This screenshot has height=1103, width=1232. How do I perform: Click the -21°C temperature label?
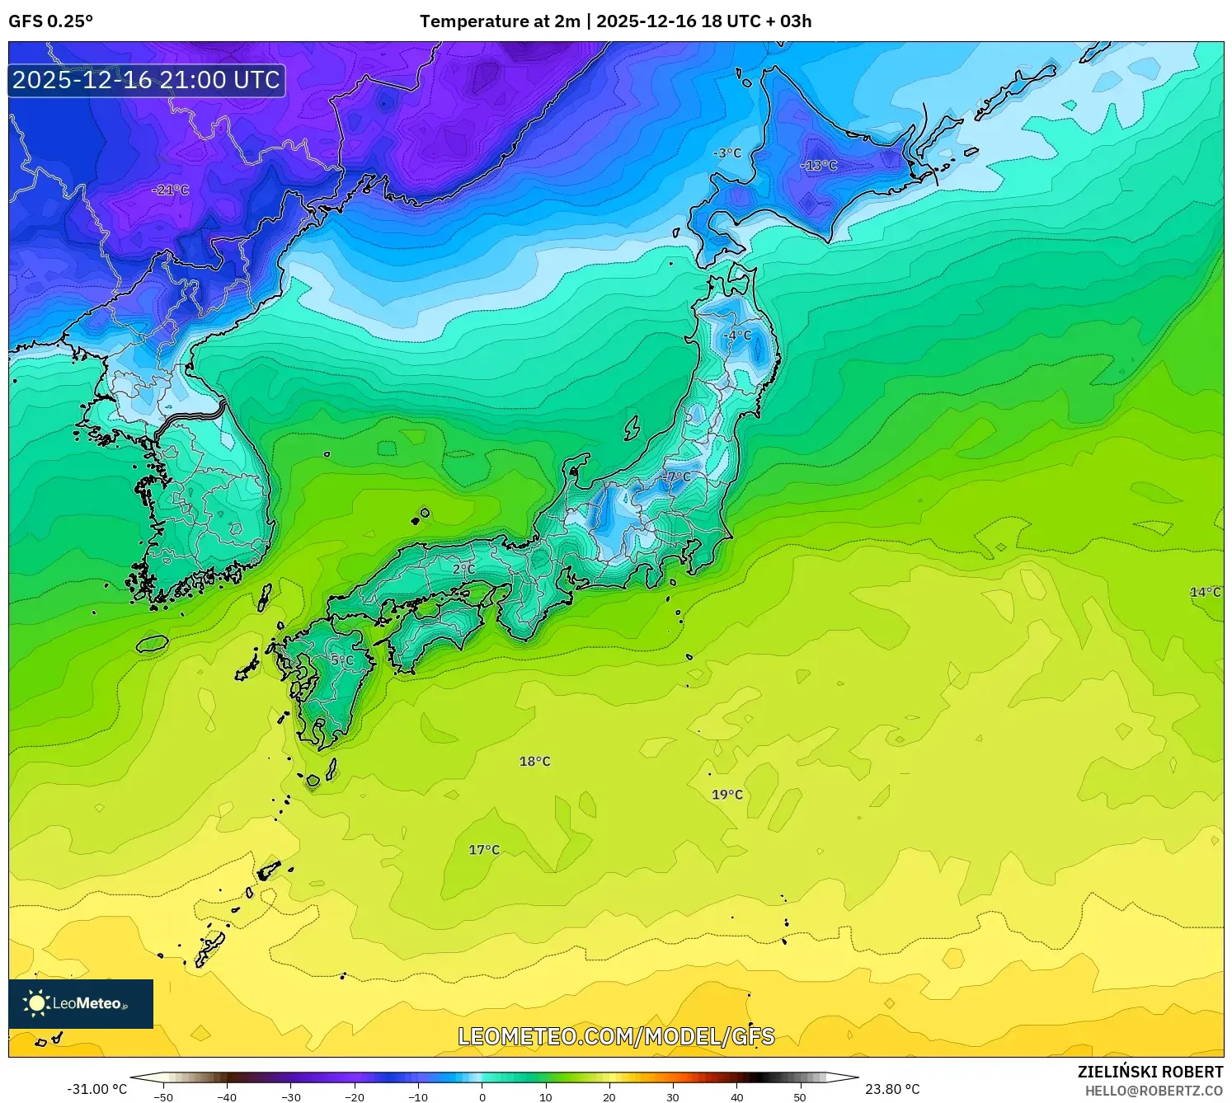coord(171,190)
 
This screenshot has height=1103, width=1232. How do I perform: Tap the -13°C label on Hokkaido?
coord(818,165)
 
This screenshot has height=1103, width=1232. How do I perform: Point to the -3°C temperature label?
coord(727,153)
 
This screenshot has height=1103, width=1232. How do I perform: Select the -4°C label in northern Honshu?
coord(737,335)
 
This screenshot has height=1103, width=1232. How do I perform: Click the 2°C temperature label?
coord(463,569)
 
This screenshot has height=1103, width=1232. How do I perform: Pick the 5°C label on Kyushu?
coord(342,659)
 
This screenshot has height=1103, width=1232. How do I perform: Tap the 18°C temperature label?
coord(534,761)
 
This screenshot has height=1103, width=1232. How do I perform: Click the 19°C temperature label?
coord(727,794)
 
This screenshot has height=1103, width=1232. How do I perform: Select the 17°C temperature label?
coord(484,849)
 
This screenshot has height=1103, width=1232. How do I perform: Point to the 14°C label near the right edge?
coord(1205,592)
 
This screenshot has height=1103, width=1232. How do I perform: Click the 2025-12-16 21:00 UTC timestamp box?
coord(147,80)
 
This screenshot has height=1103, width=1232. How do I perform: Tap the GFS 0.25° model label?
coord(50,21)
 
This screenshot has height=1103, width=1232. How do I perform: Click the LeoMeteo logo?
coord(81,1003)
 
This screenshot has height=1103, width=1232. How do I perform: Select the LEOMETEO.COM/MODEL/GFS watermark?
coord(616,1036)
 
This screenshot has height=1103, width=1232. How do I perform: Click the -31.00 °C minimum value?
coord(96,1089)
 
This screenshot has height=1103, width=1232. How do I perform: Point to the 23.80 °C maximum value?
coord(892,1089)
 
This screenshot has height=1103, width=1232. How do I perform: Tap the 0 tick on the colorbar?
coord(482,1096)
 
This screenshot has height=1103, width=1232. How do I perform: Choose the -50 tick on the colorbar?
coord(163,1096)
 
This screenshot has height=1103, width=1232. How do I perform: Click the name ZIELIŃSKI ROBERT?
coord(1150,1072)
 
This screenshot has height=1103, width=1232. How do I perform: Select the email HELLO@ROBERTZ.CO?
coord(1154,1090)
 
